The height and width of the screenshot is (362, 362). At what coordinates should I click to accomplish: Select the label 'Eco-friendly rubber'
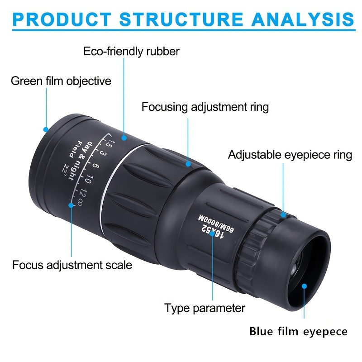point(131,51)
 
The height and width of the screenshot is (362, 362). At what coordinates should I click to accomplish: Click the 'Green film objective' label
point(61,81)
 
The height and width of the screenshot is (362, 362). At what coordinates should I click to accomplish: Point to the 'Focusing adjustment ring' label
point(205,107)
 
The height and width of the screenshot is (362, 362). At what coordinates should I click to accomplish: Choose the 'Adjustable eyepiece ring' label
point(290,155)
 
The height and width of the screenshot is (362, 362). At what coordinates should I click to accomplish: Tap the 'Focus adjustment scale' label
point(72,265)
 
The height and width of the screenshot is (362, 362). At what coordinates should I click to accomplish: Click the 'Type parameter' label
point(205,309)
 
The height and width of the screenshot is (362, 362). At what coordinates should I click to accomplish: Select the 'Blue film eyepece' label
point(298,332)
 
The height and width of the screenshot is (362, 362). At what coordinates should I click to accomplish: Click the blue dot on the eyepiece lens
point(305,286)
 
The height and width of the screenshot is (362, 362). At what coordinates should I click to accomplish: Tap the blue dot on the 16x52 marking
point(213,234)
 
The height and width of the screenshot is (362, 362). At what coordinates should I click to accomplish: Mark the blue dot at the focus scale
point(71,205)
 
